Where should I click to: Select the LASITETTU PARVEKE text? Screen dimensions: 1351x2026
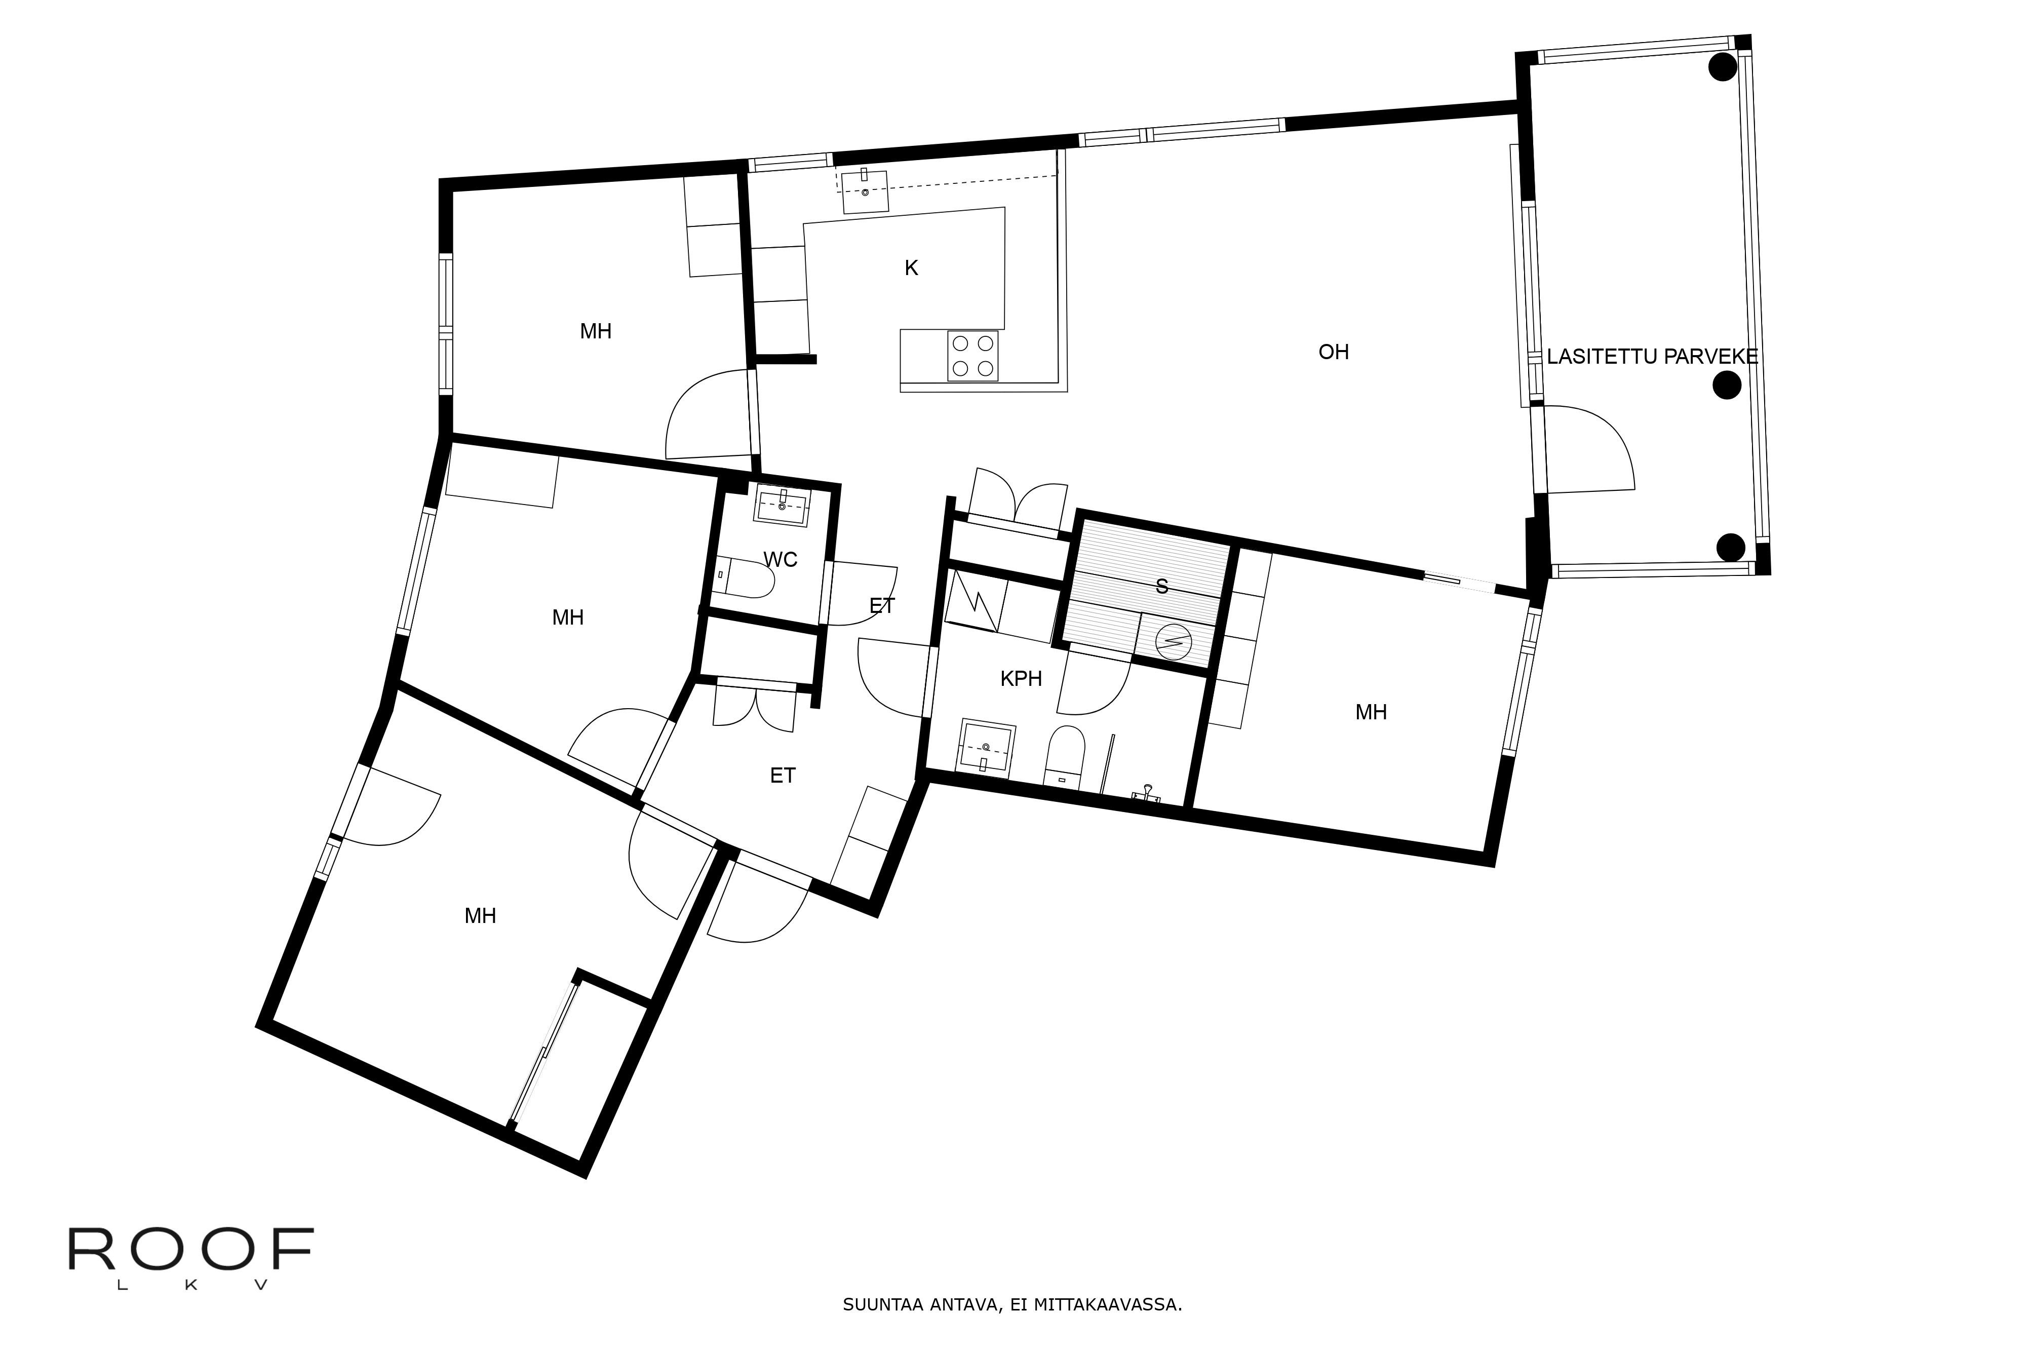click(1651, 357)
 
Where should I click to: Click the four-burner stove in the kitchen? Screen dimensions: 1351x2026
click(972, 355)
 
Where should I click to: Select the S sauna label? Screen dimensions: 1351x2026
click(1161, 587)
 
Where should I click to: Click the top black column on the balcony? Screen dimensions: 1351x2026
click(1722, 67)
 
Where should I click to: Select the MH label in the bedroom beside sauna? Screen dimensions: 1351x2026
click(1371, 713)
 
